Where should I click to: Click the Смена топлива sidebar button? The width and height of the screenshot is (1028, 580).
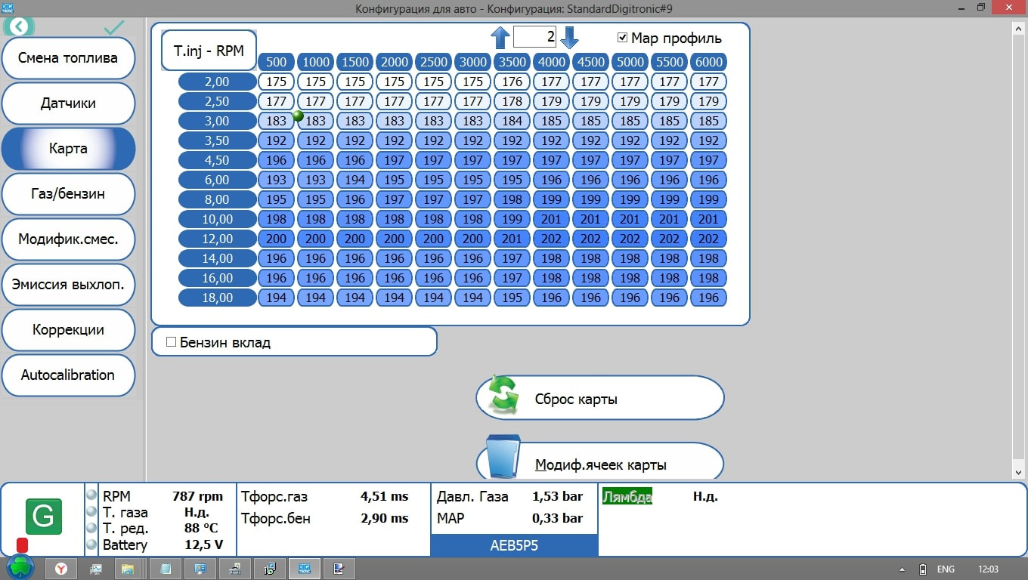[68, 58]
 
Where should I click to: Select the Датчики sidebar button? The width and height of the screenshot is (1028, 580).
[68, 103]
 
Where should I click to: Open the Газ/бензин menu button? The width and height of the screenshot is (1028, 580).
[68, 194]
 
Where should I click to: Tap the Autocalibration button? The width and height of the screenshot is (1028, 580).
[68, 375]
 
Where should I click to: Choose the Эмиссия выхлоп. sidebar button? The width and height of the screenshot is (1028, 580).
[68, 285]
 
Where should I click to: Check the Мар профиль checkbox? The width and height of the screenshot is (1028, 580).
[623, 38]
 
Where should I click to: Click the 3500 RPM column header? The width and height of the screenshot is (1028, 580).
[512, 62]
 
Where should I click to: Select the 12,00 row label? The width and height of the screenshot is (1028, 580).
[218, 239]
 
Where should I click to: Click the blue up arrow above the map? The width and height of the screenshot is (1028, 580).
[500, 37]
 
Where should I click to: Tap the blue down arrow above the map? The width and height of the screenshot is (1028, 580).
[570, 37]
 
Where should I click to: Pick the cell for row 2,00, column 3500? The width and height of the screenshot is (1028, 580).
[512, 82]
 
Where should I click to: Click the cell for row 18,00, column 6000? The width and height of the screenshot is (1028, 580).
[708, 298]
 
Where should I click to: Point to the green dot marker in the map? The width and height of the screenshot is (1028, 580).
[298, 116]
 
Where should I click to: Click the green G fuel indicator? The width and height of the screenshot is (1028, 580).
[43, 517]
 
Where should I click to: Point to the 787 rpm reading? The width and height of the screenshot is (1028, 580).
[197, 496]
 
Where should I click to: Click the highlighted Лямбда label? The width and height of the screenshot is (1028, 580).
[627, 496]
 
